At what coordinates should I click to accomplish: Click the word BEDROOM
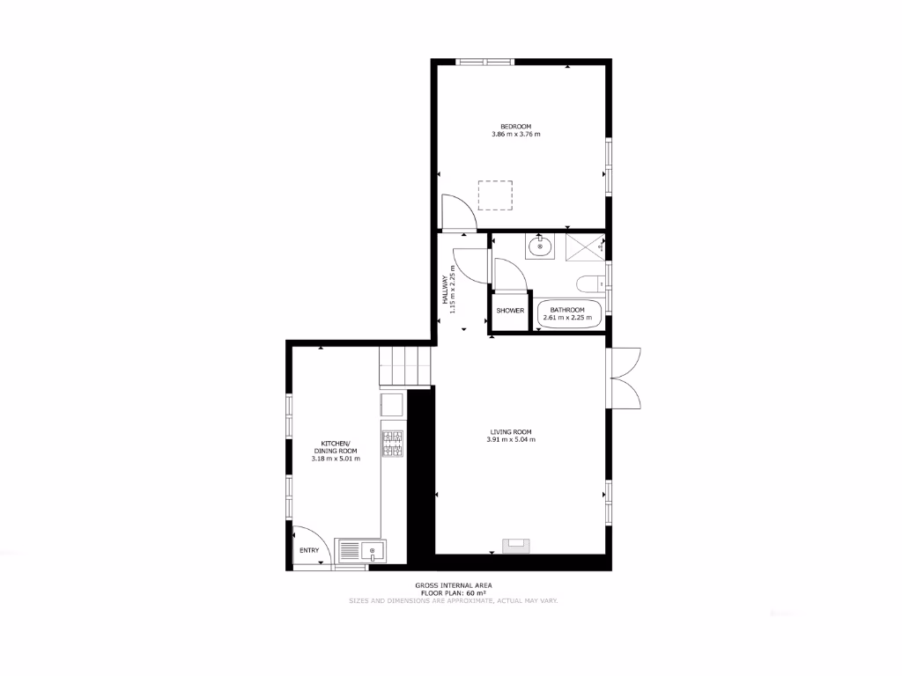(515, 126)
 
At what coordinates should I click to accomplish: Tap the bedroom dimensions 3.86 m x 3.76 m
(515, 135)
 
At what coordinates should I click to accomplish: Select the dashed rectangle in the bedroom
(495, 195)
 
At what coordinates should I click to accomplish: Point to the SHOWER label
(510, 311)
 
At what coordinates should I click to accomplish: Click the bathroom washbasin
(541, 247)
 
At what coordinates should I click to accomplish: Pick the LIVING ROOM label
(511, 431)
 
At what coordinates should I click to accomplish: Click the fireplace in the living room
(516, 546)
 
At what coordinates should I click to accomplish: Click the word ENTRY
(309, 550)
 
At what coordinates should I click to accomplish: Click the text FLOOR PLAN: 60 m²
(454, 593)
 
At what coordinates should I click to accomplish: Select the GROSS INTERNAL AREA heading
(454, 585)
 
